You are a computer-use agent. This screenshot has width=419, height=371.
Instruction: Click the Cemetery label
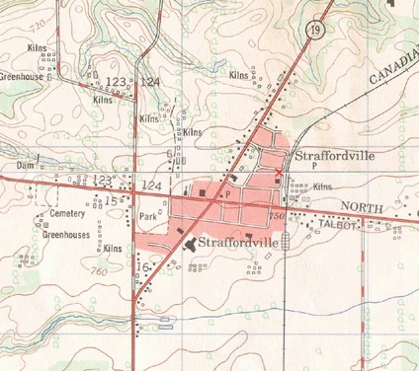67,214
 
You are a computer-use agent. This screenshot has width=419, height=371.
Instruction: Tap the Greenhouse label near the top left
24,76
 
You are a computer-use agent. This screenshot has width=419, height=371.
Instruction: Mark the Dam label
27,166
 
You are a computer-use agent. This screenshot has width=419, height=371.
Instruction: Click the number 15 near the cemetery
112,201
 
